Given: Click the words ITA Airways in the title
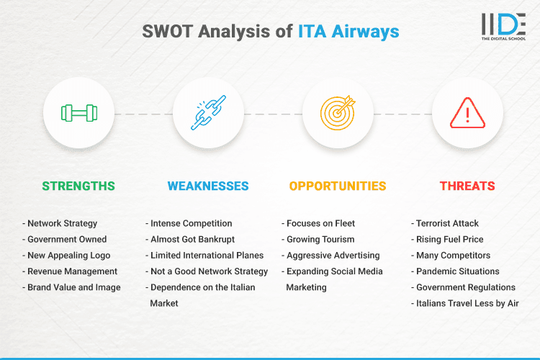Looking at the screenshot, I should coord(348,32).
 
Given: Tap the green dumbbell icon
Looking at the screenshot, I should coord(78,113).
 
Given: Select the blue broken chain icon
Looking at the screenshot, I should coord(208,113).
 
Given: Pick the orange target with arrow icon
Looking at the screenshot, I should coord(338,113).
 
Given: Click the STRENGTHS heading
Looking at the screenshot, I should coord(78,186).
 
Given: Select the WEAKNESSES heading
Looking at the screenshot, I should coord(208,186).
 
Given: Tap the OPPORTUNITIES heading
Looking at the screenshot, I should coord(338,186).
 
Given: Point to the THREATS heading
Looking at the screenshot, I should coord(467,186).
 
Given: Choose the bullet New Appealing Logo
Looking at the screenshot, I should coord(68,255).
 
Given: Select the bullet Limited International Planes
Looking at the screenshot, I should coord(207,255).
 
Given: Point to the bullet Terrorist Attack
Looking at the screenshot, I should coord(447,223).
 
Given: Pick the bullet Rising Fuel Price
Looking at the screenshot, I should coord(449,239).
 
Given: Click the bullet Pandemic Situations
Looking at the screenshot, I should coord(457,271).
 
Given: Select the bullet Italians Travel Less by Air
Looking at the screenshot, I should coord(467,303).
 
